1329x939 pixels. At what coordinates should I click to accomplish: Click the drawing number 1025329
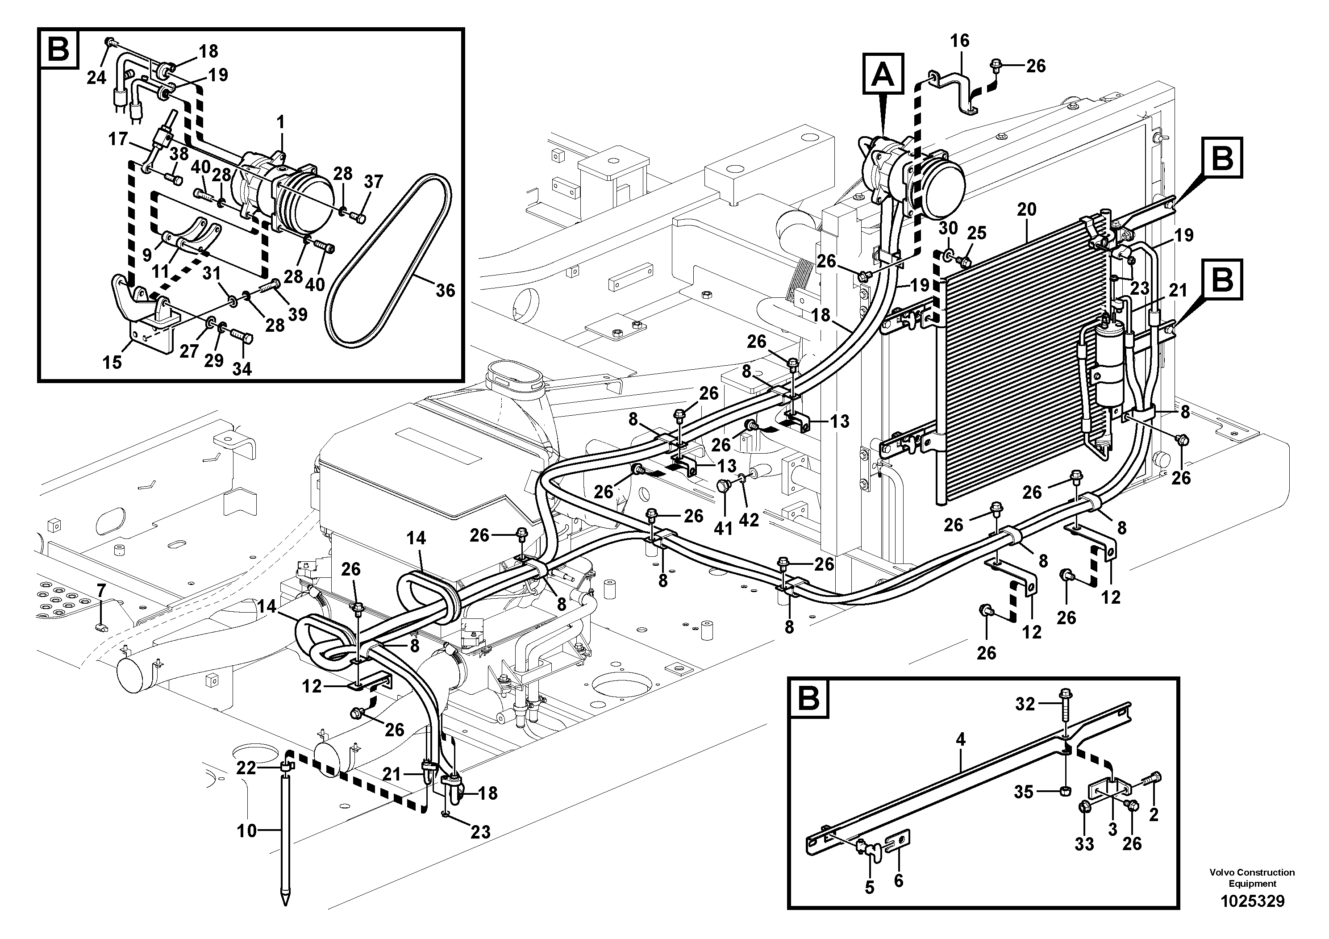[1253, 901]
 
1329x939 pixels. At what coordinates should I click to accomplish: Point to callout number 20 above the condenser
[1026, 209]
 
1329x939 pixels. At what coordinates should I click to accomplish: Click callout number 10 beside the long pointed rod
[246, 831]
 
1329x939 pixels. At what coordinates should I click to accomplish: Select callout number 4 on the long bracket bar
[961, 739]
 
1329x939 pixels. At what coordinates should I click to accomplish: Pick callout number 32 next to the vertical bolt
[1025, 704]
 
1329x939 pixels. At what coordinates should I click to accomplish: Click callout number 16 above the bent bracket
[960, 41]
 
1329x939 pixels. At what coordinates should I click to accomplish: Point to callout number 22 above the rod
[246, 768]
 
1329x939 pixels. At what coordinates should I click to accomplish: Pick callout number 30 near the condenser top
[948, 228]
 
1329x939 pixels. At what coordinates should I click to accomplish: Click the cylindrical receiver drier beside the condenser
[1107, 365]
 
